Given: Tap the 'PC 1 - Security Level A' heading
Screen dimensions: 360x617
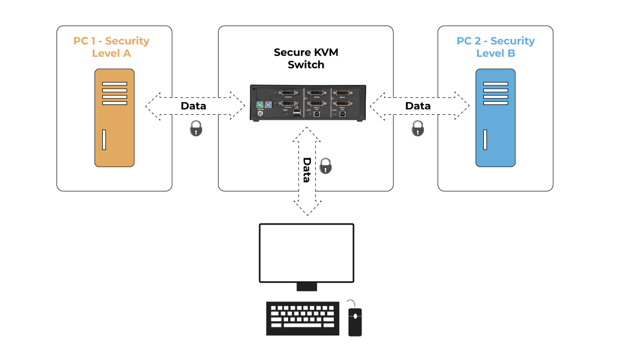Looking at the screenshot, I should (x=111, y=47).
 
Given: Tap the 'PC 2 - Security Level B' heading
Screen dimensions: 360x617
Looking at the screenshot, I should (x=495, y=47).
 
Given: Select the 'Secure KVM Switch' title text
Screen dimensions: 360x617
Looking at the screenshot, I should (x=306, y=58).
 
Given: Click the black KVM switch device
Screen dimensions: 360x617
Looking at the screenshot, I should (x=308, y=103).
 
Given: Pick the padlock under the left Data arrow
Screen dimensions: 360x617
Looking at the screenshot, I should (x=196, y=128).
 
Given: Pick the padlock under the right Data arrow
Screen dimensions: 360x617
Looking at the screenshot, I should (x=417, y=128).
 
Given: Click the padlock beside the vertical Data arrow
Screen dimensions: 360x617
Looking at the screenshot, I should (x=325, y=165).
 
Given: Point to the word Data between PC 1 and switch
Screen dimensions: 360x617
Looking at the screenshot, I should (x=194, y=105).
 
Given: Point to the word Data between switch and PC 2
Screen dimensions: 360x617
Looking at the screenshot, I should (x=417, y=105).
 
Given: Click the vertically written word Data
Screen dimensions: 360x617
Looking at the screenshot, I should (x=307, y=170).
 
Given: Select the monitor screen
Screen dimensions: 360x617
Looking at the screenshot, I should (x=307, y=253).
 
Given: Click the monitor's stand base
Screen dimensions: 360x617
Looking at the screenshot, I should (x=307, y=287).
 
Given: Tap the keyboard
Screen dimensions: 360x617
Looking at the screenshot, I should (x=302, y=319).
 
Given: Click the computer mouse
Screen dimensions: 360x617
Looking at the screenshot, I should (x=355, y=321).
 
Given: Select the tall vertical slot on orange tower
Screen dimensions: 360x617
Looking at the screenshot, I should (x=103, y=140).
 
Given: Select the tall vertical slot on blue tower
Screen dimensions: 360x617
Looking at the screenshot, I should (x=484, y=140).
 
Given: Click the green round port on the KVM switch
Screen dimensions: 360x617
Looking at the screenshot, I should (x=260, y=104).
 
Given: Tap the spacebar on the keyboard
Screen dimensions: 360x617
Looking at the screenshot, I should (x=302, y=326).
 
